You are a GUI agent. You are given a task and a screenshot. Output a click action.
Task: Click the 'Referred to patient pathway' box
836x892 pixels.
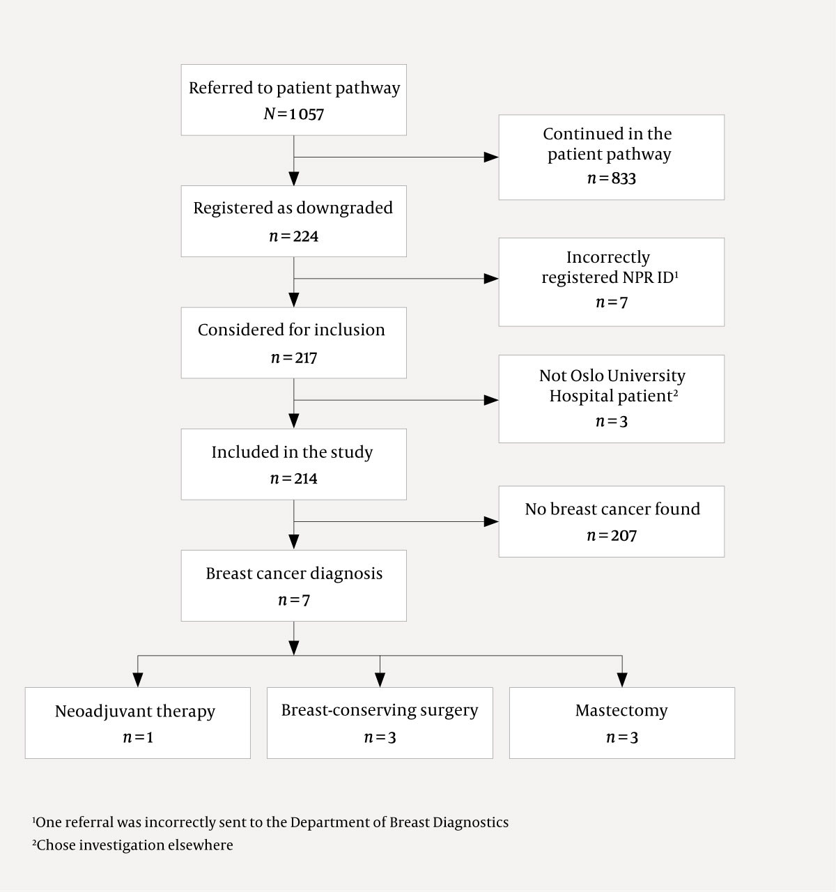(293, 100)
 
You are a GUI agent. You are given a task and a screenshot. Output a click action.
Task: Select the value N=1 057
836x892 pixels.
(293, 114)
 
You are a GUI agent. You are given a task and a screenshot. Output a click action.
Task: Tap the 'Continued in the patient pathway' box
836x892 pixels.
(611, 157)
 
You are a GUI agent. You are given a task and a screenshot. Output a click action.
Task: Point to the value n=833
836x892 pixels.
(611, 178)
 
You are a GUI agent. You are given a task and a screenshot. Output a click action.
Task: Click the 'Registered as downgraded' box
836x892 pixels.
(293, 221)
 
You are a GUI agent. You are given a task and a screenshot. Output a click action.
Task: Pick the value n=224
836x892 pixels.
(293, 236)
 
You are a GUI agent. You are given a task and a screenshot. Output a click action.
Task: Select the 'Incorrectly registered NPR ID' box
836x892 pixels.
(611, 282)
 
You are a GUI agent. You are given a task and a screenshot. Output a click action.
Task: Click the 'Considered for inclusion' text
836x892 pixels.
(291, 330)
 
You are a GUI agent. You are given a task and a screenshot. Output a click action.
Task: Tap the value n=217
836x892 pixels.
(293, 358)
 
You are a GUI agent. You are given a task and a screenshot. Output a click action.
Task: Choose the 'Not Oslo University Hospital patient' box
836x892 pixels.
(611, 399)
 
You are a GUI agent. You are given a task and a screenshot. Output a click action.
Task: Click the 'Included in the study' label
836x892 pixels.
(292, 452)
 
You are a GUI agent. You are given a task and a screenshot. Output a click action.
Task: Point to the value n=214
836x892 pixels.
(293, 479)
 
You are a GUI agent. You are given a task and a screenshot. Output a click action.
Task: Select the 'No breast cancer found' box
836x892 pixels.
(611, 521)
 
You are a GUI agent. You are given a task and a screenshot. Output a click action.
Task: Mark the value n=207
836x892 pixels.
(611, 536)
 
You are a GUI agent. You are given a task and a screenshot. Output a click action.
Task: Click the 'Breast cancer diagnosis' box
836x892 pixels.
(293, 585)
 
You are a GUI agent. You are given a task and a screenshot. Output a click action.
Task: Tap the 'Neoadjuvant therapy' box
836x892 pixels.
(137, 723)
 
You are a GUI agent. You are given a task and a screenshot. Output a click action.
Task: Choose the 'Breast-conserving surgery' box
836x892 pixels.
(380, 723)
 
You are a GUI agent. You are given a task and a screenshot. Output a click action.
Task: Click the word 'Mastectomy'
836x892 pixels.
(621, 711)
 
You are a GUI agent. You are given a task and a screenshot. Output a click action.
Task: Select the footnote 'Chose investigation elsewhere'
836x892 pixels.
(133, 845)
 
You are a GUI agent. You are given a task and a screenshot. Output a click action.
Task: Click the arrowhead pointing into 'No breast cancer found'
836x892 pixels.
(491, 521)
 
